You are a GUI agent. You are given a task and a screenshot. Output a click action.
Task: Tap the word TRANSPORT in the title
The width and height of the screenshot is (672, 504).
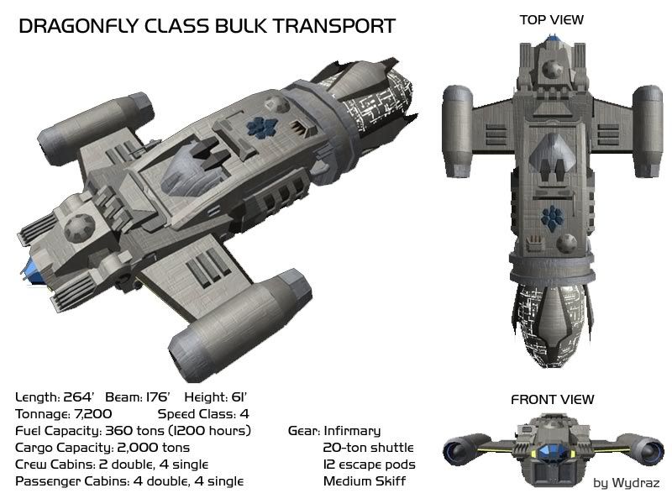[x=340, y=27]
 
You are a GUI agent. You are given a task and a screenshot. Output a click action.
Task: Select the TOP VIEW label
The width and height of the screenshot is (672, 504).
[x=552, y=19]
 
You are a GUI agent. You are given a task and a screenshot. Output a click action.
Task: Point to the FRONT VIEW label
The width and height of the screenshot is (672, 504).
[x=552, y=400]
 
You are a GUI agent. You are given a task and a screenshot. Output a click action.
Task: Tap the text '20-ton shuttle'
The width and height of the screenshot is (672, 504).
[x=368, y=447]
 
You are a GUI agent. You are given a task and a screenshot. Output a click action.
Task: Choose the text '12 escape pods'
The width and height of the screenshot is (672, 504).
[x=369, y=464]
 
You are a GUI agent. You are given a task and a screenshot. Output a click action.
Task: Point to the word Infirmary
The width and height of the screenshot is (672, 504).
[x=352, y=430]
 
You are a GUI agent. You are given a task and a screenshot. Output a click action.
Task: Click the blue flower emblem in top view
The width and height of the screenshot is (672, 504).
[x=552, y=215]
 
